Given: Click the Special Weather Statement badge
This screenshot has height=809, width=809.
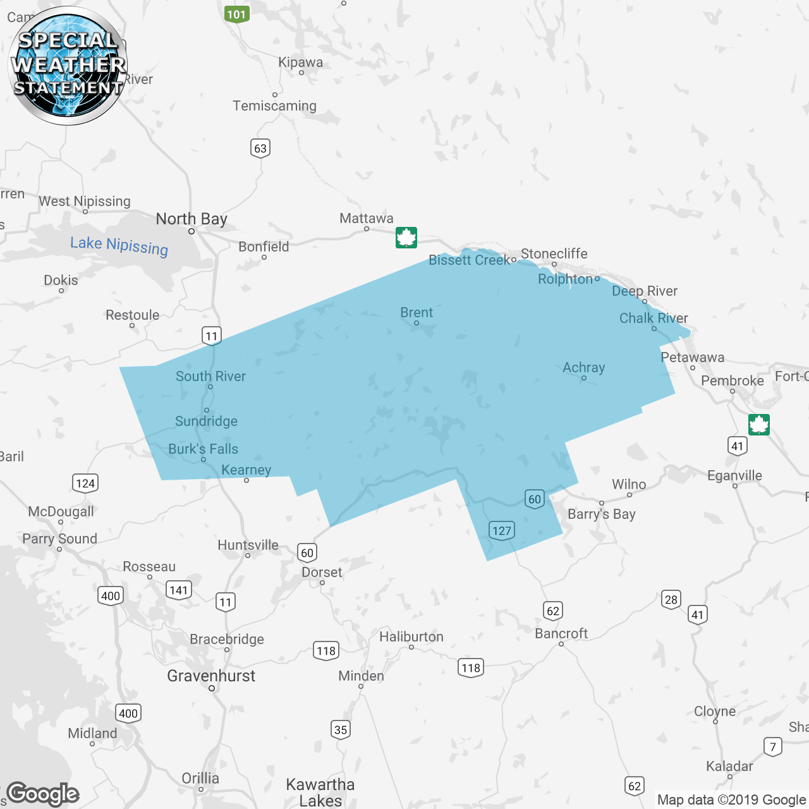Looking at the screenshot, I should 68,66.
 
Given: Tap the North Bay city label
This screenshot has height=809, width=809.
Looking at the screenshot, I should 192,219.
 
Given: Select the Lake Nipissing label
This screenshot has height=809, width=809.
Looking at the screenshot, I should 119,245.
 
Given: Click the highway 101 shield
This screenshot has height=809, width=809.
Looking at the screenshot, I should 236,14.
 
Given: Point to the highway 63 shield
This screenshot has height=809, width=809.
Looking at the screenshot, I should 260,149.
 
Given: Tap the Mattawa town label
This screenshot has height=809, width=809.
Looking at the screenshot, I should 366,219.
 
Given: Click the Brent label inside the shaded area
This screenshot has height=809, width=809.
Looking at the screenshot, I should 417,313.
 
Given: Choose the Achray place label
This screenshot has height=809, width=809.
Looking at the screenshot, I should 583,368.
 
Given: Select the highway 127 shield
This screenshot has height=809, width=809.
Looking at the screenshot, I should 501,530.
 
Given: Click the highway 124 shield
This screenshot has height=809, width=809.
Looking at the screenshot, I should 85,484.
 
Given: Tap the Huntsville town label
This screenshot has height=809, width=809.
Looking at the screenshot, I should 248,545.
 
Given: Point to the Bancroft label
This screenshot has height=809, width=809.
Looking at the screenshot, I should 561,633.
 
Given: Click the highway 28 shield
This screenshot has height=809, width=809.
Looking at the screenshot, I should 671,599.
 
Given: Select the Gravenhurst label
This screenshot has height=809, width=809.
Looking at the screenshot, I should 211,676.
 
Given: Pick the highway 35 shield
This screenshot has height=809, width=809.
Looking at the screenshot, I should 341,730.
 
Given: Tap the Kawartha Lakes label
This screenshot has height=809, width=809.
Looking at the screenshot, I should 320,793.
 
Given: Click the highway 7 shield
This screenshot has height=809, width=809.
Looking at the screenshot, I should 772,746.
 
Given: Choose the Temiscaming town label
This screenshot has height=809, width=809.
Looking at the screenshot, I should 274,106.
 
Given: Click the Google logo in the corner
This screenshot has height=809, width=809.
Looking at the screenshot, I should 43,794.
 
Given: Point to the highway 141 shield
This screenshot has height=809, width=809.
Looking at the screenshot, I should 179,590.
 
